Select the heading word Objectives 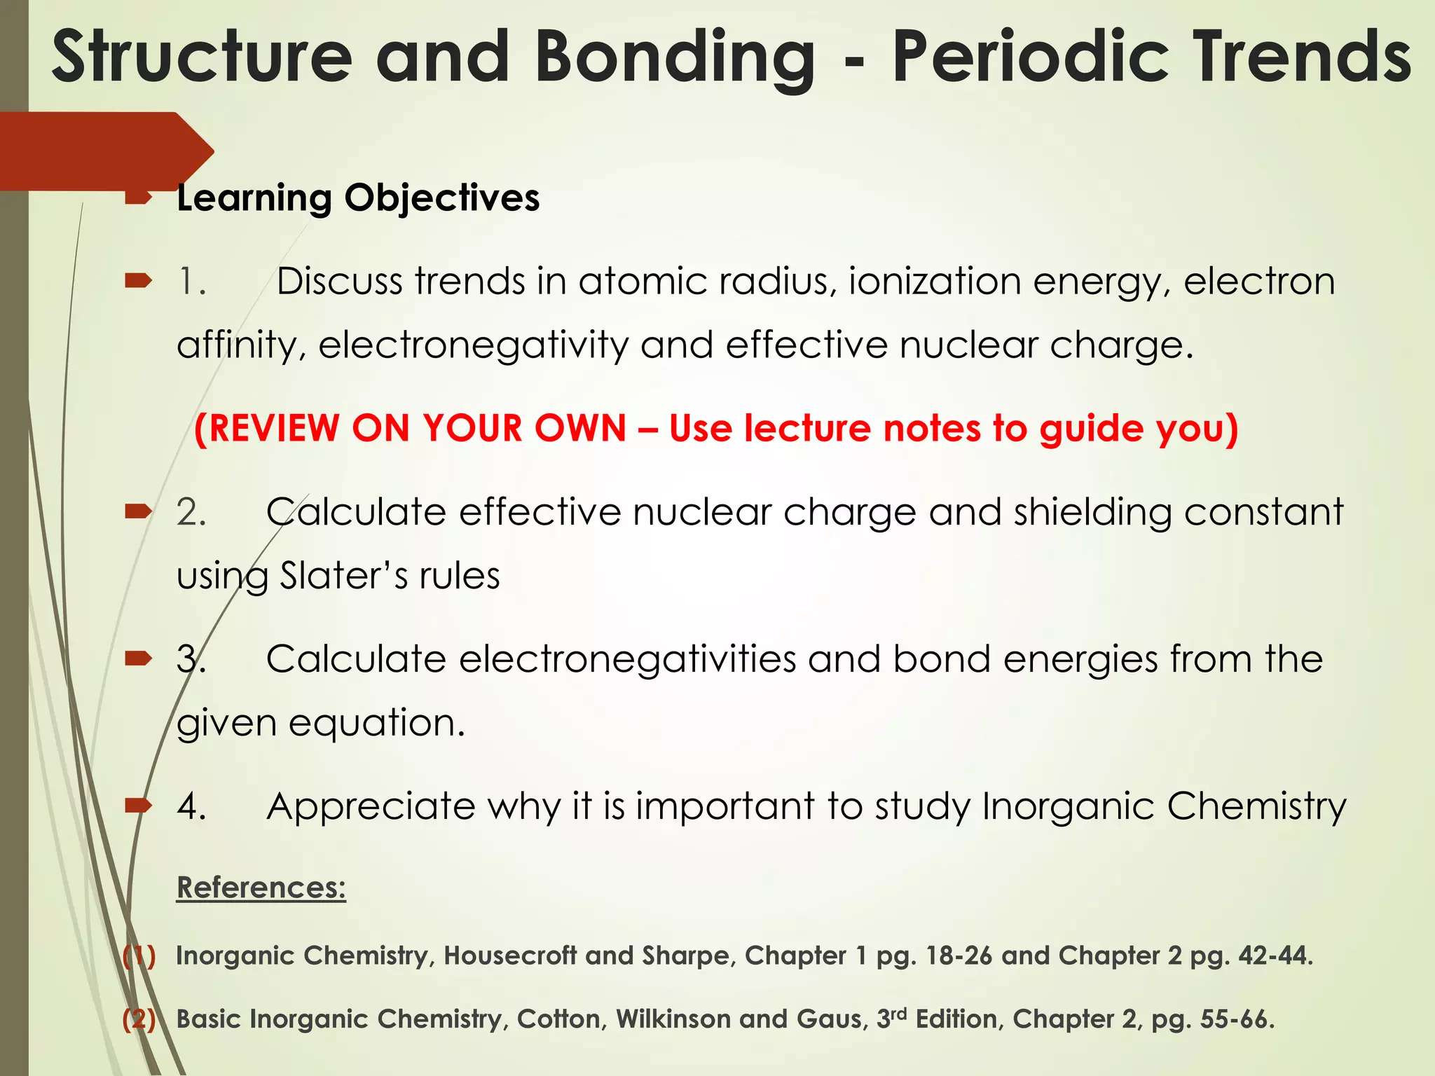tap(441, 198)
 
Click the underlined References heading tap(261, 888)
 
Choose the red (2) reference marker tap(139, 1019)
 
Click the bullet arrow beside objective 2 tap(138, 513)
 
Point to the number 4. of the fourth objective tap(191, 806)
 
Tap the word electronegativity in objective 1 tap(474, 345)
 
